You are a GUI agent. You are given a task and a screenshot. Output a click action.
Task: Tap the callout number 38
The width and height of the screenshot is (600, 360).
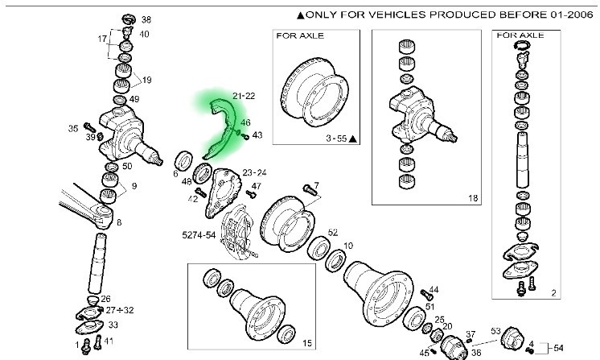[x=146, y=19]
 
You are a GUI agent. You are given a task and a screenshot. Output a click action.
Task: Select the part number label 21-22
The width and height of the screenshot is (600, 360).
[x=244, y=96]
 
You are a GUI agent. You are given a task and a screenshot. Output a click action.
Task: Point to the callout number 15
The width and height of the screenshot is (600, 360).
[x=306, y=342]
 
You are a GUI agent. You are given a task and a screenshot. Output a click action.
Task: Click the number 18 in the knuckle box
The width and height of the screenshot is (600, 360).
[x=472, y=197]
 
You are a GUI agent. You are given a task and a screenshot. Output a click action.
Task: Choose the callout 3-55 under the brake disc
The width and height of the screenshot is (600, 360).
[x=332, y=139]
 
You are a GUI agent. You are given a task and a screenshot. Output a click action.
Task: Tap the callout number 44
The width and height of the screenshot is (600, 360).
[x=434, y=290]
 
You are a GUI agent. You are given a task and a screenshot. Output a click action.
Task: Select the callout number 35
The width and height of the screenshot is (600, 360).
[x=73, y=128]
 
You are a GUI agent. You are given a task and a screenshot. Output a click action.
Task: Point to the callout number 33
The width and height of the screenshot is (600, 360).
[x=113, y=325]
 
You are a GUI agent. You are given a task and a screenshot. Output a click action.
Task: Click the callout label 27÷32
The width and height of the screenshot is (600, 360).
[x=119, y=310]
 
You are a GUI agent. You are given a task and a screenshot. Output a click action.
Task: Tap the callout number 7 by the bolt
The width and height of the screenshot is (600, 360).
[x=317, y=185]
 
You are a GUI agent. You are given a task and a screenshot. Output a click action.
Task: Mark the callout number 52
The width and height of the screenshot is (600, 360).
[x=333, y=231]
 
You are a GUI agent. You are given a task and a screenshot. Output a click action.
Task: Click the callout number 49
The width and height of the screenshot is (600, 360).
[x=134, y=99]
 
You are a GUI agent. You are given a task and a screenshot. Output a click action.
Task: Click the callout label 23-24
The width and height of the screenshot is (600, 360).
[x=254, y=172]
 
